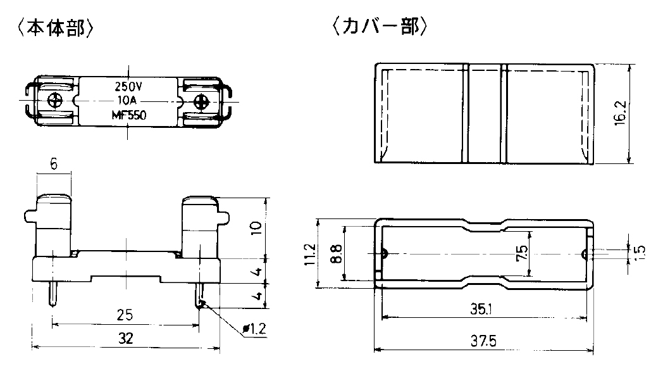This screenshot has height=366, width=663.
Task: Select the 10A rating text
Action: [x=128, y=101]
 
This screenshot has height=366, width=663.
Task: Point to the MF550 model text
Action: [x=128, y=115]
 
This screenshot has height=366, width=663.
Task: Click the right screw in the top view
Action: [x=201, y=101]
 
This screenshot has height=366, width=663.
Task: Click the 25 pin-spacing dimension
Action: [x=125, y=315]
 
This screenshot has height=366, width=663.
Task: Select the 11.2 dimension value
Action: [x=310, y=254]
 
